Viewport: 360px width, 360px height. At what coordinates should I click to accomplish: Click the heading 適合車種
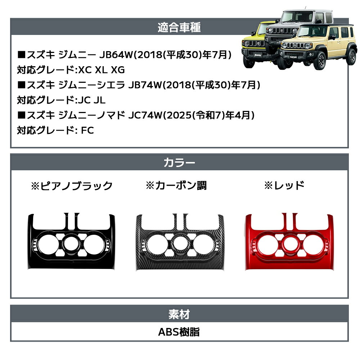[179, 27]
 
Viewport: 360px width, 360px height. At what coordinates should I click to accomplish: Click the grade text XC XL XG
[102, 70]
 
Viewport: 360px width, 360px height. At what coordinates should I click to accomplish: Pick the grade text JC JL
[91, 100]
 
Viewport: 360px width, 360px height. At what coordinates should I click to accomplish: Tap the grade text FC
[87, 130]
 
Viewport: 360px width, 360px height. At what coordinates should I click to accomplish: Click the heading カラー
[179, 163]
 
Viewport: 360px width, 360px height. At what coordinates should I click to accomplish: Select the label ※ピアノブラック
[72, 185]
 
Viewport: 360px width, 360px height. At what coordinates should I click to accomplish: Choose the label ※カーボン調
[176, 185]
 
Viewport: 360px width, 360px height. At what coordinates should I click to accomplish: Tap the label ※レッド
[284, 185]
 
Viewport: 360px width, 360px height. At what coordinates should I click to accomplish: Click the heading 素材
[179, 314]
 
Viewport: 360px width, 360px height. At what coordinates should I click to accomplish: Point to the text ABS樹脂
[179, 332]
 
